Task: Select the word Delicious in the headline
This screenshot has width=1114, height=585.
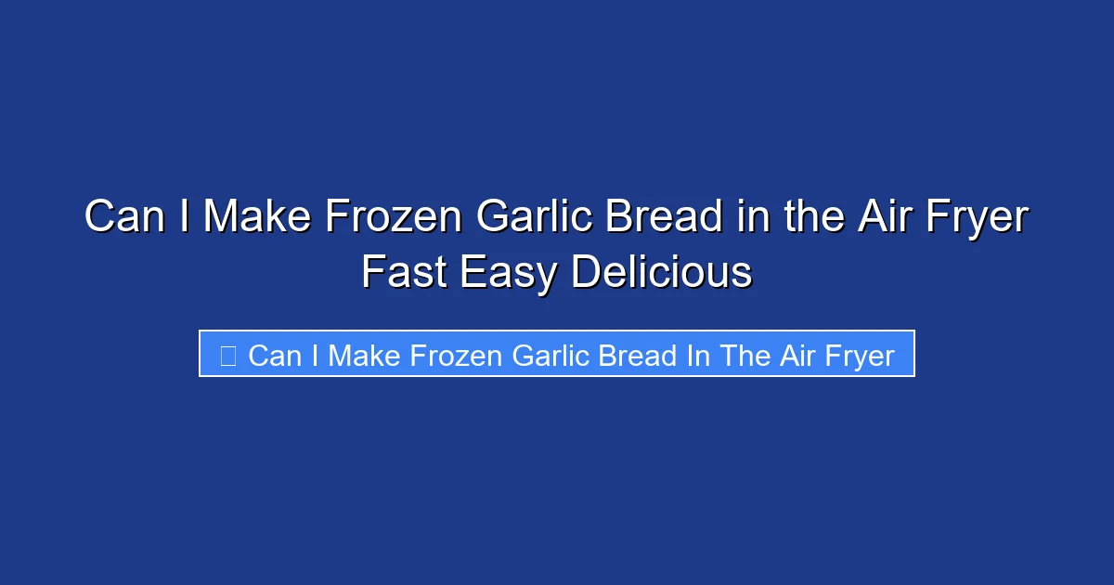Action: click(661, 273)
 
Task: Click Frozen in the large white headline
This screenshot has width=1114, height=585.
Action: click(394, 217)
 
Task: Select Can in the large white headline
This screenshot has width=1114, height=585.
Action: click(119, 217)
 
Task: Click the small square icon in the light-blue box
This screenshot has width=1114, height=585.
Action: click(228, 354)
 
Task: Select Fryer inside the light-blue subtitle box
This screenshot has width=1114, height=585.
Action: click(860, 355)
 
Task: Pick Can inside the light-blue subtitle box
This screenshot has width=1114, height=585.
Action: click(274, 355)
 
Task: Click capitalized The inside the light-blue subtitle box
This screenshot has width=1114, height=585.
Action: click(745, 355)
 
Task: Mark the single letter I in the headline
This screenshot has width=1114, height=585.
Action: click(184, 217)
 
